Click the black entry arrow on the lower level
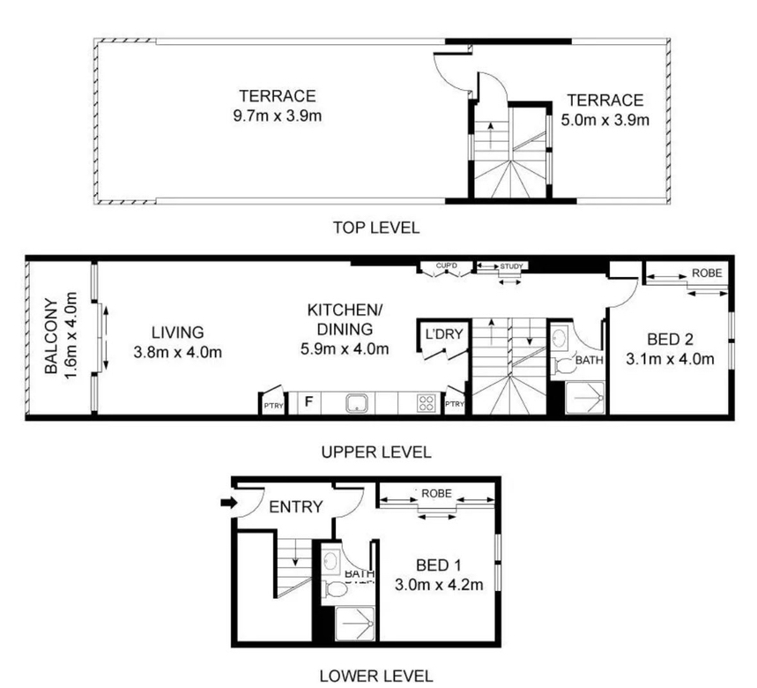tap(229, 503)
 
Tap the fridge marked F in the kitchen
tap(308, 402)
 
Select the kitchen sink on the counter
tap(357, 403)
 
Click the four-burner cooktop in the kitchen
tap(426, 403)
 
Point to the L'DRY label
tap(443, 333)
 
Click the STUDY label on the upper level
tap(511, 266)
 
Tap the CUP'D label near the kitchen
tap(446, 265)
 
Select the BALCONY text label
tap(51, 337)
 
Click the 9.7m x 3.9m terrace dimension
tap(277, 116)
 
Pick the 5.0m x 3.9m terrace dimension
tap(605, 120)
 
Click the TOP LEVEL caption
tap(376, 227)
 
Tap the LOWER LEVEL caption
tap(376, 676)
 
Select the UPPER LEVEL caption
tap(376, 452)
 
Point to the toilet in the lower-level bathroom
tap(334, 589)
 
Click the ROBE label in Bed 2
tap(707, 273)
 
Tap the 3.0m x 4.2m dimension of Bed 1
tap(439, 585)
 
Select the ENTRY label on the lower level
tap(295, 507)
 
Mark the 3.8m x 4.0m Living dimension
tap(178, 352)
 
